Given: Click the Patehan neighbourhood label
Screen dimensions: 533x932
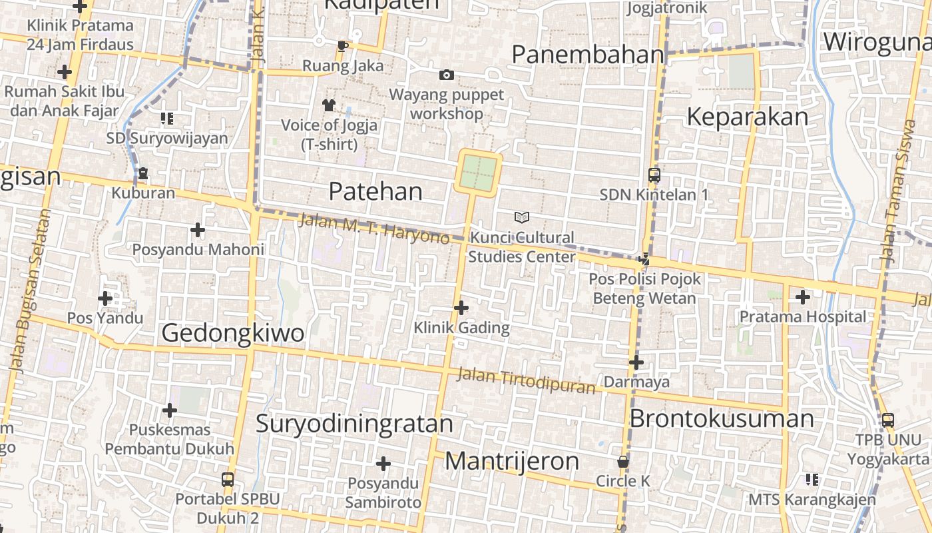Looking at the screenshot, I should tap(375, 192).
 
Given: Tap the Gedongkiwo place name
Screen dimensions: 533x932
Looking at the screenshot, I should tap(232, 333).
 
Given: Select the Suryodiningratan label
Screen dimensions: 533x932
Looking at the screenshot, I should tap(354, 424).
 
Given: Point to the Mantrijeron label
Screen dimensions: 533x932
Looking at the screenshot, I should tap(511, 461).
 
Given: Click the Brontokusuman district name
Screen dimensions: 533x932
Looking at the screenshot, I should tap(722, 419).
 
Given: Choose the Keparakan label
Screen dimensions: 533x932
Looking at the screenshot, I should tap(747, 117).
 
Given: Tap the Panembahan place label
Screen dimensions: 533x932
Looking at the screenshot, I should tap(588, 55).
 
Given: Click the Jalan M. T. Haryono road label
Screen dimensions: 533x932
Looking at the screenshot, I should tap(374, 229).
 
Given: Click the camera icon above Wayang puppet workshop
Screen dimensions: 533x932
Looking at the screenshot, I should tap(447, 75).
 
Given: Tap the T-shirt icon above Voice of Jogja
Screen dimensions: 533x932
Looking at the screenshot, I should tap(329, 105).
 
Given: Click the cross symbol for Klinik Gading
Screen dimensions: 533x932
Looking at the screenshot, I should tap(461, 307).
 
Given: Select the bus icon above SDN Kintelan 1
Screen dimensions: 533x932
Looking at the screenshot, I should tap(654, 175).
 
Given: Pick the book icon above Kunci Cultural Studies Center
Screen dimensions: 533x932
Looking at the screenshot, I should tap(523, 217).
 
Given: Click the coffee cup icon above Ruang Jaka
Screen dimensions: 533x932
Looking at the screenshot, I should tap(343, 46).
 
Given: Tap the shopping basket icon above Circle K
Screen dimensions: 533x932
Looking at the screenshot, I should tap(623, 461).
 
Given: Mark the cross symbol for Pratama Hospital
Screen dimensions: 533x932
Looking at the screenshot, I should tap(803, 296).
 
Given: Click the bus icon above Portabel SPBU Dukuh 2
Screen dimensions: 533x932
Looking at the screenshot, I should tap(228, 479).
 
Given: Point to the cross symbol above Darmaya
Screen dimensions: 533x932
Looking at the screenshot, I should tap(636, 362).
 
